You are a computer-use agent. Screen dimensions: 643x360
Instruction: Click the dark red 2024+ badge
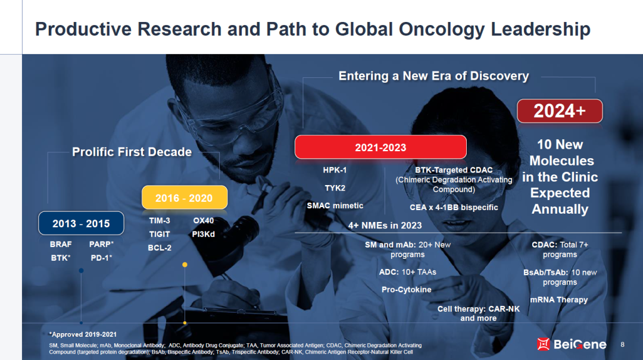click(x=560, y=111)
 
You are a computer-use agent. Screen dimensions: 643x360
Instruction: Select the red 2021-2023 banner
click(x=380, y=147)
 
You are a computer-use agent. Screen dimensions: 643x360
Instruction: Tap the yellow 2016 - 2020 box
click(x=185, y=198)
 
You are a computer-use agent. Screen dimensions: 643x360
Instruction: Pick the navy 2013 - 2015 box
click(x=81, y=224)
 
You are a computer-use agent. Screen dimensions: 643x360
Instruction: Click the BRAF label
click(x=61, y=245)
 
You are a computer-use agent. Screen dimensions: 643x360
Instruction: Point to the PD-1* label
click(x=101, y=258)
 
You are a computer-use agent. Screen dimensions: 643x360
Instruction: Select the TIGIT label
click(x=160, y=234)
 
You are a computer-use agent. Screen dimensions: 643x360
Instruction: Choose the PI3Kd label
click(x=204, y=234)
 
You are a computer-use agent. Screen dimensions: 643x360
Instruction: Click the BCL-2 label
click(x=160, y=248)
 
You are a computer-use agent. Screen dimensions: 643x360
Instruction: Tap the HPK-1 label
click(x=335, y=170)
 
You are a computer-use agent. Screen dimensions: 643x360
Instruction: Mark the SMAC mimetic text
click(x=335, y=206)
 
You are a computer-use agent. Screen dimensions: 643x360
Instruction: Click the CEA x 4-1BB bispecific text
click(x=454, y=208)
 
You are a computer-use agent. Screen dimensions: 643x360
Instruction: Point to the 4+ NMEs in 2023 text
click(x=385, y=226)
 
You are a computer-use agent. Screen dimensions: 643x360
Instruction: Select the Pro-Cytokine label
click(x=407, y=289)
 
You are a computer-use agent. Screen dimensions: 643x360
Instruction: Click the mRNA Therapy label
click(x=559, y=300)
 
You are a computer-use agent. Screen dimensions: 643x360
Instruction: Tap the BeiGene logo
click(x=572, y=344)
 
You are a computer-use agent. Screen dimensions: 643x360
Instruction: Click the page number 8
click(x=623, y=345)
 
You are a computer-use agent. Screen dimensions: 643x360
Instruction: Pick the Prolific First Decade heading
click(x=132, y=152)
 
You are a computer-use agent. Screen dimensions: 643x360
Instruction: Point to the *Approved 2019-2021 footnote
click(x=83, y=334)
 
